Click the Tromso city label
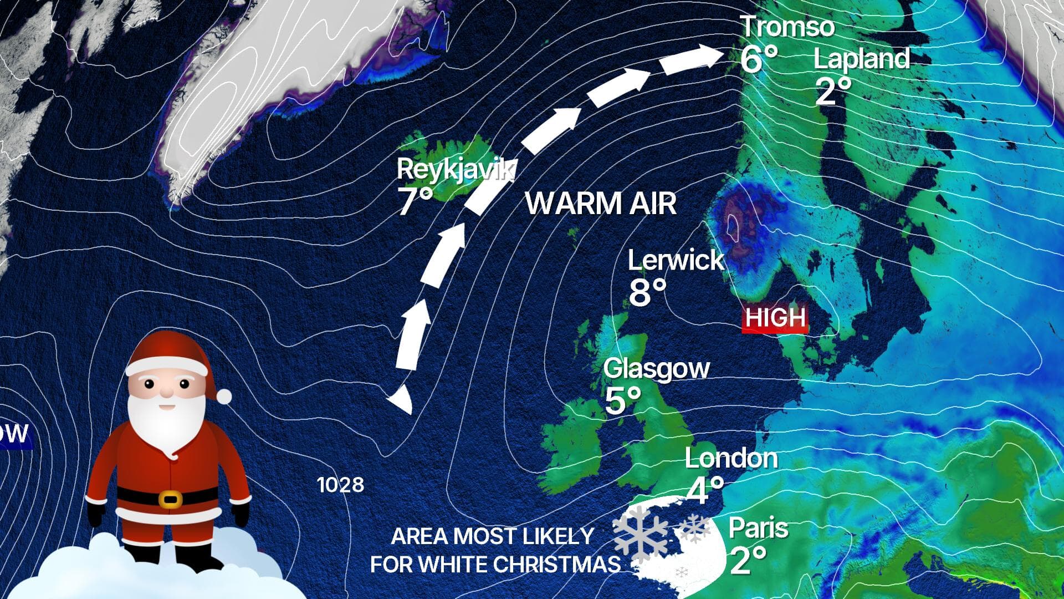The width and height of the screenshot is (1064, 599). [x=787, y=27]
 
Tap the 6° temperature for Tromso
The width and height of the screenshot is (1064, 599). [x=759, y=59]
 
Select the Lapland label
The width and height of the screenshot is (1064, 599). [x=862, y=59]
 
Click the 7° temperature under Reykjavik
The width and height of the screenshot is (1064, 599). [x=415, y=201]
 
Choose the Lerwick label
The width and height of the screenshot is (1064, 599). [x=676, y=260]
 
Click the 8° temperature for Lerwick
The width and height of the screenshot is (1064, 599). [x=647, y=292]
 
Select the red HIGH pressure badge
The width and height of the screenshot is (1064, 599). [x=775, y=318]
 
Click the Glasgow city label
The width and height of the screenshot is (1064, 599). [x=656, y=369]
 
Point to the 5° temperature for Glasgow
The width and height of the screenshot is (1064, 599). [x=622, y=400]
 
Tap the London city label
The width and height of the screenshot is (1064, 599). [x=731, y=459]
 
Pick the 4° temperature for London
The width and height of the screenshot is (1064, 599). [x=705, y=490]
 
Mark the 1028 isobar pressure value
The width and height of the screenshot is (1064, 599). [x=340, y=485]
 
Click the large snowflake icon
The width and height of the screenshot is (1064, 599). [x=641, y=532]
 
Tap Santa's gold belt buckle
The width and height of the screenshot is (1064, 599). [x=170, y=499]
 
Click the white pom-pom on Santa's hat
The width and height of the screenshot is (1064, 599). [x=224, y=396]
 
